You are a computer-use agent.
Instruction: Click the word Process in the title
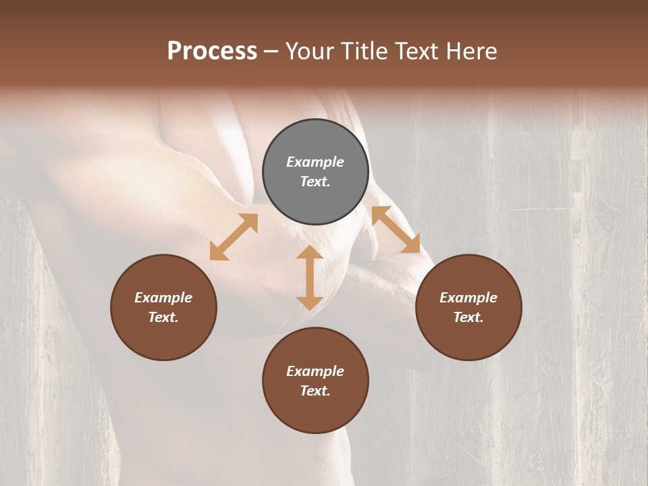tap(212, 51)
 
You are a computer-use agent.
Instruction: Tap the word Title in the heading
tap(364, 51)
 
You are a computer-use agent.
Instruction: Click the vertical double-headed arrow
tap(310, 277)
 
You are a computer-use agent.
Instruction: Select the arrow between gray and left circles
tap(234, 237)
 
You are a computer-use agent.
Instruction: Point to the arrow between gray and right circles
tap(396, 230)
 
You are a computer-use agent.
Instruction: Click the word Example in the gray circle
tap(315, 162)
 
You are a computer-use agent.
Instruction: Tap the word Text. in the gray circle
tap(315, 182)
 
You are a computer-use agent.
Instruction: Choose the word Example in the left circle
tap(163, 298)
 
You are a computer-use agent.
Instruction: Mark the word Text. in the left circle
tap(163, 317)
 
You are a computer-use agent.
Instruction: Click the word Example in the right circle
tap(468, 298)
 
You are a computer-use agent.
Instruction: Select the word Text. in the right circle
tap(468, 317)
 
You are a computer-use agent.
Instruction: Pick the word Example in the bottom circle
tap(315, 371)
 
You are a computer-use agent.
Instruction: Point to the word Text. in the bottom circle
tap(315, 391)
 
